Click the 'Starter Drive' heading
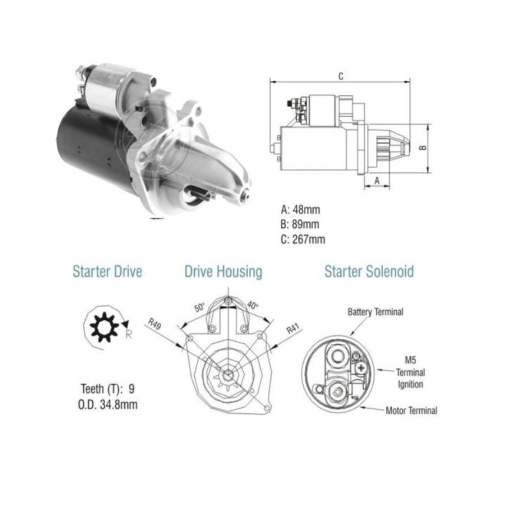click(107, 272)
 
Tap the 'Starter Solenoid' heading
click(369, 272)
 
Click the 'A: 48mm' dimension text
click(300, 210)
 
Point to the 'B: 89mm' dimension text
click(300, 224)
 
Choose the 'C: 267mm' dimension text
click(303, 239)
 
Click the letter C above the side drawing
click(341, 76)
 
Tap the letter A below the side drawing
click(377, 181)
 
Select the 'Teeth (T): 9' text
click(108, 389)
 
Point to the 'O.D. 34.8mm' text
click(108, 405)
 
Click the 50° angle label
click(200, 308)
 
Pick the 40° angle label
click(252, 305)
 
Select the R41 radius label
click(294, 328)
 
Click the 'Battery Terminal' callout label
click(376, 312)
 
